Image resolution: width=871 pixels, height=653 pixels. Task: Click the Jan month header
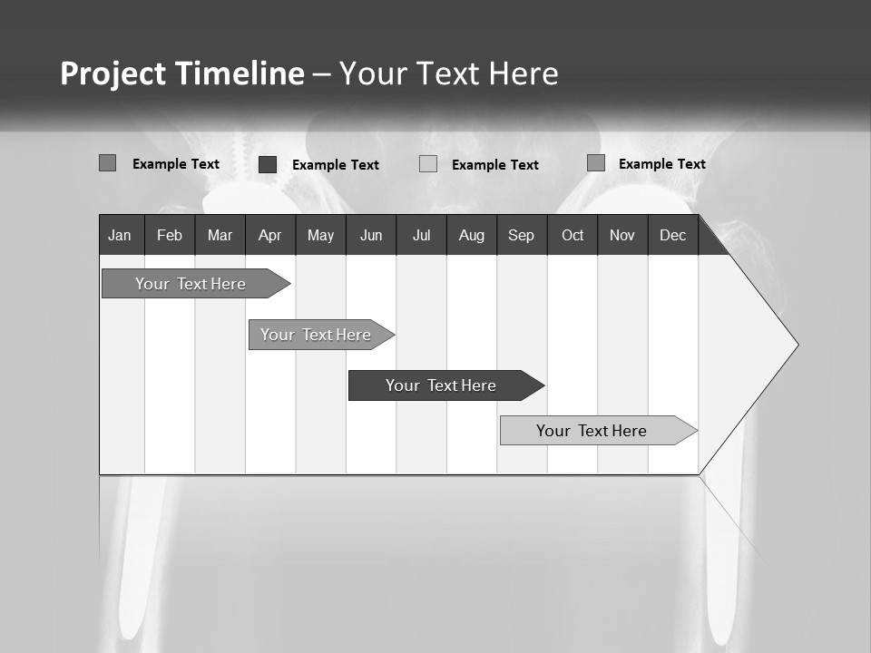click(121, 235)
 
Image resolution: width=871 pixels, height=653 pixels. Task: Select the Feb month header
click(170, 235)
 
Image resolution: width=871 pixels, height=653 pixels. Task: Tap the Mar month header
click(220, 235)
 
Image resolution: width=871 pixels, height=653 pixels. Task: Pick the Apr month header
click(269, 235)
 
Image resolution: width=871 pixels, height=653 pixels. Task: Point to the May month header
click(320, 235)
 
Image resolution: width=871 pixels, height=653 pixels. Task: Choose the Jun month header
click(371, 235)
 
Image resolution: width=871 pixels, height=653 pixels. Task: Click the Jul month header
click(421, 235)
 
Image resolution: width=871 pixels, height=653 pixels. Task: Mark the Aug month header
click(472, 235)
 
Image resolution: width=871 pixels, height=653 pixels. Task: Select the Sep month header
click(522, 235)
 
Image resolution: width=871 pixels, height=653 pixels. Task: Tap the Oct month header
click(573, 235)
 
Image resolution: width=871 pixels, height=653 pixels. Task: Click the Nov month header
click(622, 235)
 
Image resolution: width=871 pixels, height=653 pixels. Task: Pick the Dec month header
click(673, 235)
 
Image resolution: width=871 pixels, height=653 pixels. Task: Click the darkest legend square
click(268, 164)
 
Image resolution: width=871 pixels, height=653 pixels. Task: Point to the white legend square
click(428, 164)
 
